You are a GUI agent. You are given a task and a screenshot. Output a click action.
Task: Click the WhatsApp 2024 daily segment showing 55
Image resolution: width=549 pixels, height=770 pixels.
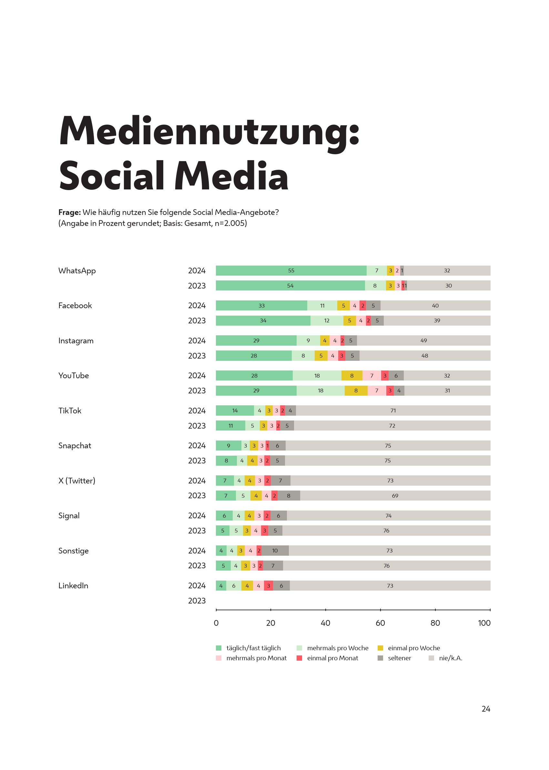coord(291,270)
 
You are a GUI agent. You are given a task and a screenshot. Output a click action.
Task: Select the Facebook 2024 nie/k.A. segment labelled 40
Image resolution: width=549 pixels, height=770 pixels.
coord(435,306)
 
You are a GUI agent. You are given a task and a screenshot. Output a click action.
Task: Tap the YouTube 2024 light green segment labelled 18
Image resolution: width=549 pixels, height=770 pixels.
coord(317,376)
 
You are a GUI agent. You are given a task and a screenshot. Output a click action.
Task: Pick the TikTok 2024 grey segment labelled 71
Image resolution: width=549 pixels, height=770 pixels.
coord(393,411)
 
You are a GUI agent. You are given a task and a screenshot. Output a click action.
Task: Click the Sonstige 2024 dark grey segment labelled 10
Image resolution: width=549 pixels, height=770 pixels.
coord(275,551)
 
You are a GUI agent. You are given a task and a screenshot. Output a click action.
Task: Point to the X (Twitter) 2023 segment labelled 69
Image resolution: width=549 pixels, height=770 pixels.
coord(395,496)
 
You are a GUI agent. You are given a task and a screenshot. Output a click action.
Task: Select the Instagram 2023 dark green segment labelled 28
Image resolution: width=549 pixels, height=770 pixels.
coord(254,356)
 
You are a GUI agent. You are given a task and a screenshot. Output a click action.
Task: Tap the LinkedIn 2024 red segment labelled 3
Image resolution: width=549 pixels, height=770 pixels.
coord(269,586)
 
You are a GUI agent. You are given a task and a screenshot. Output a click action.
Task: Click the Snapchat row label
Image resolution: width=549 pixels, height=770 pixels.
coord(75,445)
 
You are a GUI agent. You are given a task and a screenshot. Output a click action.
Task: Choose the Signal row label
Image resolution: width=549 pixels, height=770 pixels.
coord(69,515)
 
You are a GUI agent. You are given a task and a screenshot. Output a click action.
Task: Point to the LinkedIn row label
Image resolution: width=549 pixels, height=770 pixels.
coord(73,586)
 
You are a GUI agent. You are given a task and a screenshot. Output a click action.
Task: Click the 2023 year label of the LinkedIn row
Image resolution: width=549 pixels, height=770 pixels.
coord(197,601)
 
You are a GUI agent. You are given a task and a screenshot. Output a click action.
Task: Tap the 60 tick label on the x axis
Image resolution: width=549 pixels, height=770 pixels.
coord(380,623)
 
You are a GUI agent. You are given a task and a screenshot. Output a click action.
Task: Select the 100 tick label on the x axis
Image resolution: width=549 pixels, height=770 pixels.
coord(484,623)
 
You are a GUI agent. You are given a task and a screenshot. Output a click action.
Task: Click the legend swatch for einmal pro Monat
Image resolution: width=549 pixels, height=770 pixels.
coord(299,658)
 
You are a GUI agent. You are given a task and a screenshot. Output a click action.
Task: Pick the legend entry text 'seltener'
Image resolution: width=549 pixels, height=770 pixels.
coord(399,658)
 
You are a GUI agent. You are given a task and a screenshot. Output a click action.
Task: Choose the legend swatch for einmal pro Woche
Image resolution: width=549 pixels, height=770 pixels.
coord(380,648)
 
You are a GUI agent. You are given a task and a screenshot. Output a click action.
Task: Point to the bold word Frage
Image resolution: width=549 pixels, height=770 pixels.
coord(69,212)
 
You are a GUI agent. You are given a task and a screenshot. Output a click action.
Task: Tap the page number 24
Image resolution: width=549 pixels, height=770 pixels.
coord(486,709)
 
